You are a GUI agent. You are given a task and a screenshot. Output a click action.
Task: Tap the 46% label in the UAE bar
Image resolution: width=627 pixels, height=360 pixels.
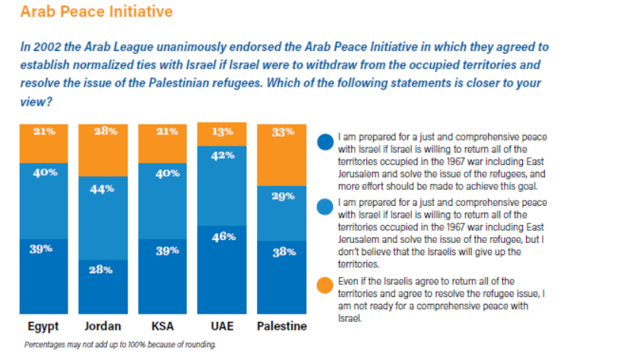coord(223,237)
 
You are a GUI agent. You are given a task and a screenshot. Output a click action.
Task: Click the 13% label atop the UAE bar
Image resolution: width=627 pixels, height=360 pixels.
coord(223,131)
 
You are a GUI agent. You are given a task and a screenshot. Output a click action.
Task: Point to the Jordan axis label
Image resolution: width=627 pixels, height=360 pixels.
coord(103,327)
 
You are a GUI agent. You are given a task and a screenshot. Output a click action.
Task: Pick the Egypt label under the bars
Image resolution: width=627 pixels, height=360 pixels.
coord(43,327)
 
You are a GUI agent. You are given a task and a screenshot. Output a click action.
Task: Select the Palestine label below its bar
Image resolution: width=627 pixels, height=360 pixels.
coord(282,327)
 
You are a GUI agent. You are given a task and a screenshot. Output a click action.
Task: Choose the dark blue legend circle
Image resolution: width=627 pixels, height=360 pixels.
coord(325,142)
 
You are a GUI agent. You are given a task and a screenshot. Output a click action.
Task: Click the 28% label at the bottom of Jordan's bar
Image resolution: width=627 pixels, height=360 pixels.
coord(103,270)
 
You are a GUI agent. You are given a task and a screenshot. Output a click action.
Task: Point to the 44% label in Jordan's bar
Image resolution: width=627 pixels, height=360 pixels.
coord(103,188)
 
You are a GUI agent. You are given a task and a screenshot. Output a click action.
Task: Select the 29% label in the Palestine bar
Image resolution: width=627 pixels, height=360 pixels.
coord(282,196)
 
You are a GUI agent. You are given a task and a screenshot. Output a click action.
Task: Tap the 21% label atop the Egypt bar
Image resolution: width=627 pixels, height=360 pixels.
coord(43,131)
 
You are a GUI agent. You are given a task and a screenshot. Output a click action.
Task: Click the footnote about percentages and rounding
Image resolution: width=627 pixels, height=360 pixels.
coord(120,345)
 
